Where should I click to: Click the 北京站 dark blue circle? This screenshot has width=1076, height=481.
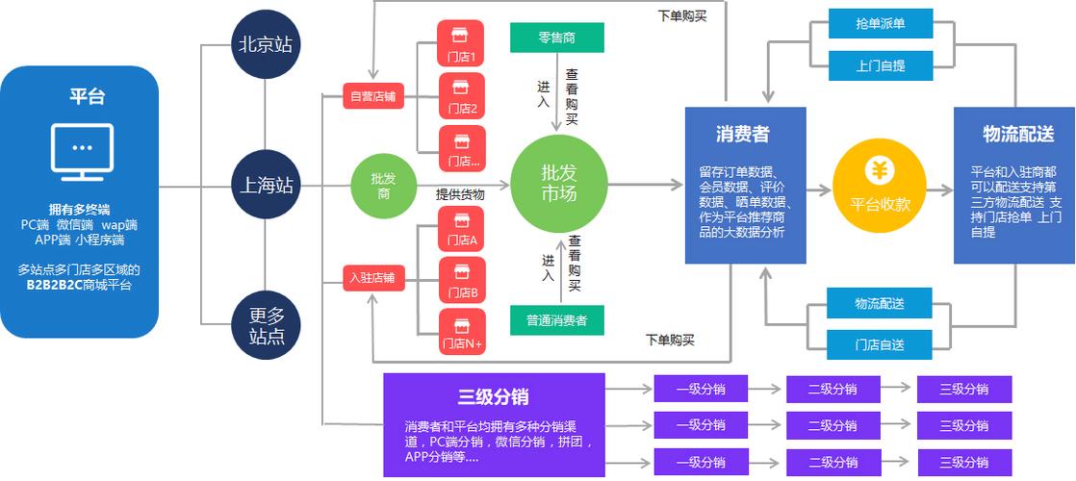click(x=265, y=44)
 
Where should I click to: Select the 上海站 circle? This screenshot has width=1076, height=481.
click(x=265, y=186)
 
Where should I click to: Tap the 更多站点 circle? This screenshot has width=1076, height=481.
click(x=265, y=326)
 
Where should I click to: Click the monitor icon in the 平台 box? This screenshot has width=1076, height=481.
click(x=82, y=152)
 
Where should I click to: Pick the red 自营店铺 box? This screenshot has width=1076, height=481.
click(x=373, y=96)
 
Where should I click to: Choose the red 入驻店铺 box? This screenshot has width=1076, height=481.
click(x=373, y=279)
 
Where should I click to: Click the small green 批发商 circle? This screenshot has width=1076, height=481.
click(x=383, y=186)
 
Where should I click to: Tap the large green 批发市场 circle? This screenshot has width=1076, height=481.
click(x=559, y=183)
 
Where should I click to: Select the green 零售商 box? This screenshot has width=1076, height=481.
click(x=557, y=38)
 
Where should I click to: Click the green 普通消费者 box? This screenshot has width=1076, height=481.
click(x=557, y=320)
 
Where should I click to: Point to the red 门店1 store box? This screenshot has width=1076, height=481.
click(x=461, y=44)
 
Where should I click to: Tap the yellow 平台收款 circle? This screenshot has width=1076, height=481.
click(x=880, y=186)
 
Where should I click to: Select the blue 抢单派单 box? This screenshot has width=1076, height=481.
click(x=881, y=24)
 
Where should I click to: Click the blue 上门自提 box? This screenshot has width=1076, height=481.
click(x=881, y=66)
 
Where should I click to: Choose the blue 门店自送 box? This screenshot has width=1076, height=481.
click(x=881, y=344)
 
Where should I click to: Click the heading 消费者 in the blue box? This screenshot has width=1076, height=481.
click(x=742, y=135)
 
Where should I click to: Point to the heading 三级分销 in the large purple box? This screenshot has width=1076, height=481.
click(x=493, y=396)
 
